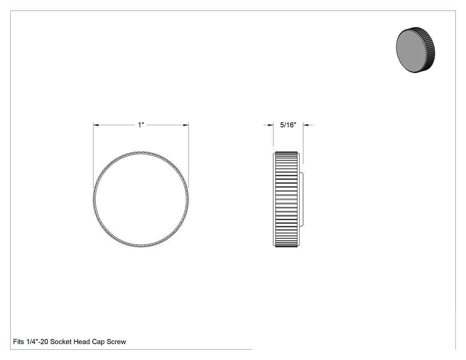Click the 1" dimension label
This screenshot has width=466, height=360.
[x=141, y=125]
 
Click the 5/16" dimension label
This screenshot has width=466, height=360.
[x=288, y=125]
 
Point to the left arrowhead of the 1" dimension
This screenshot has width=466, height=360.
[x=96, y=125]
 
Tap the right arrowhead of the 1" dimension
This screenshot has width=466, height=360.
[x=186, y=125]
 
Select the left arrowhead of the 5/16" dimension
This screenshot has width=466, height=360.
[x=270, y=125]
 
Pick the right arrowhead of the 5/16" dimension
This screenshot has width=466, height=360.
[x=306, y=125]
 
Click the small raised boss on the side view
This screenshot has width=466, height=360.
[x=301, y=199]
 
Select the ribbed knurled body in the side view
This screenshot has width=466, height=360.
[x=286, y=199]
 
